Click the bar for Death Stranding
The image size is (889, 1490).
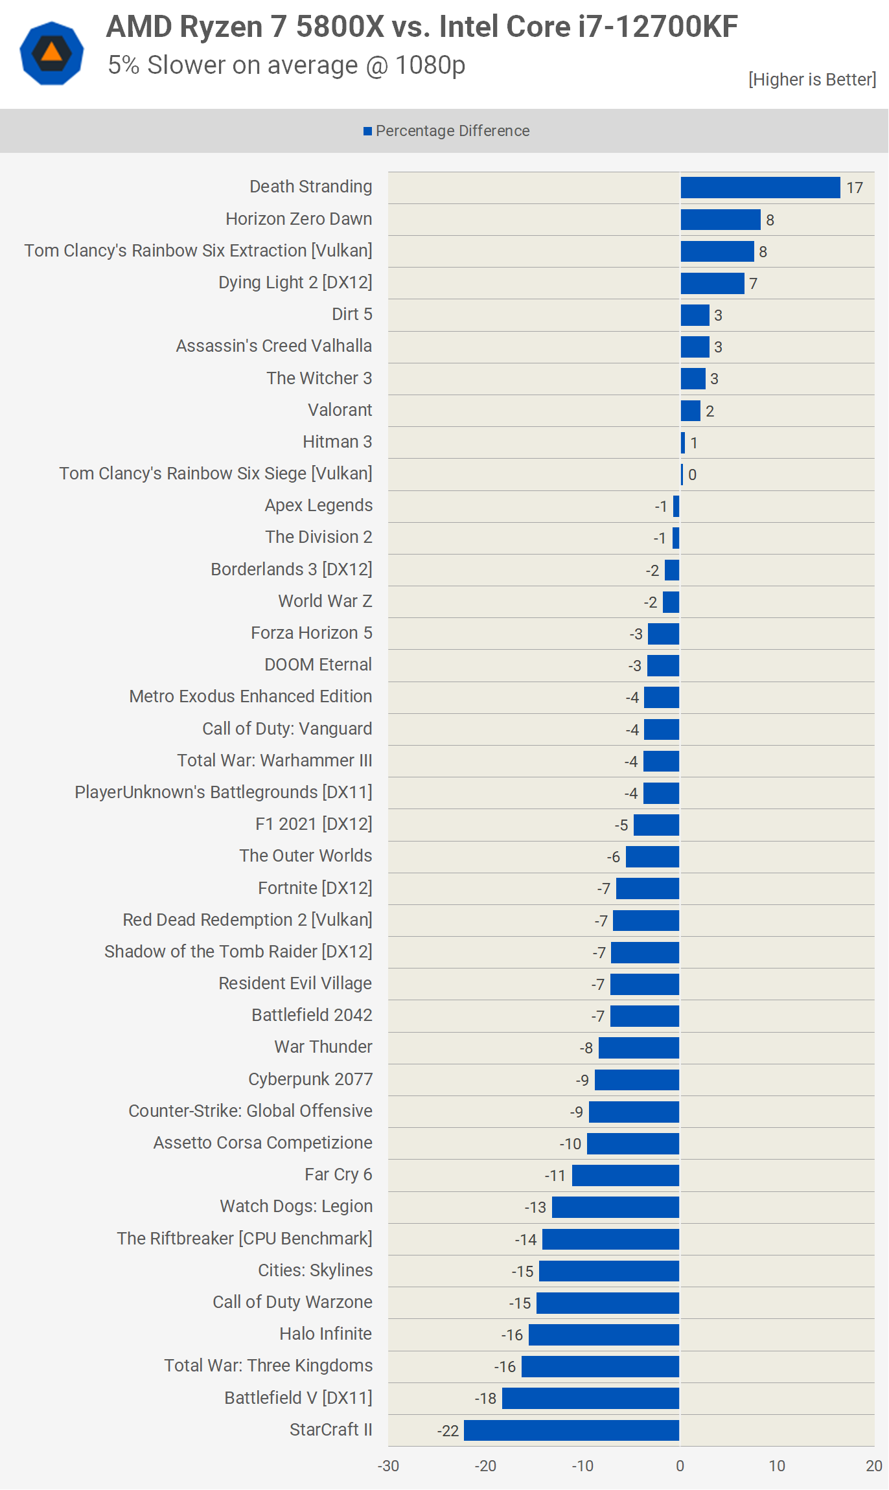pyautogui.click(x=760, y=188)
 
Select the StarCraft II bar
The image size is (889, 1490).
pyautogui.click(x=571, y=1430)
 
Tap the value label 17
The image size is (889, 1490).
pyautogui.click(x=855, y=188)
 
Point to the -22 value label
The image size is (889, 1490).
pyautogui.click(x=448, y=1431)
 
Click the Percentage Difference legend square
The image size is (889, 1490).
pyautogui.click(x=367, y=132)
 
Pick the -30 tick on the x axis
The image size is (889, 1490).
pyautogui.click(x=388, y=1466)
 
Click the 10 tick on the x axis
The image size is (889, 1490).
pyautogui.click(x=777, y=1466)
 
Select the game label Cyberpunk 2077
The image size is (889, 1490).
pyautogui.click(x=310, y=1079)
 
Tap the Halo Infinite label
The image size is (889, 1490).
pyautogui.click(x=325, y=1334)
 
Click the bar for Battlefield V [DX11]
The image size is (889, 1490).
pyautogui.click(x=590, y=1398)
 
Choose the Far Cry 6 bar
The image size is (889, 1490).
pyautogui.click(x=625, y=1175)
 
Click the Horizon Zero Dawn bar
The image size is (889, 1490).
pyautogui.click(x=721, y=220)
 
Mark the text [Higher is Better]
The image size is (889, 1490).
pyautogui.click(x=812, y=80)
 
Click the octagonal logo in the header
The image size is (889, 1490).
pyautogui.click(x=52, y=53)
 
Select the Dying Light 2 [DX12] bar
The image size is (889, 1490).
pyautogui.click(x=712, y=283)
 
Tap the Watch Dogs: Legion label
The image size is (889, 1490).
pyautogui.click(x=296, y=1206)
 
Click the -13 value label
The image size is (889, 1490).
pyautogui.click(x=535, y=1208)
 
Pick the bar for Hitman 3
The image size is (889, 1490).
pyautogui.click(x=683, y=442)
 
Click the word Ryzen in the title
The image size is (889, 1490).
pyautogui.click(x=221, y=27)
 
